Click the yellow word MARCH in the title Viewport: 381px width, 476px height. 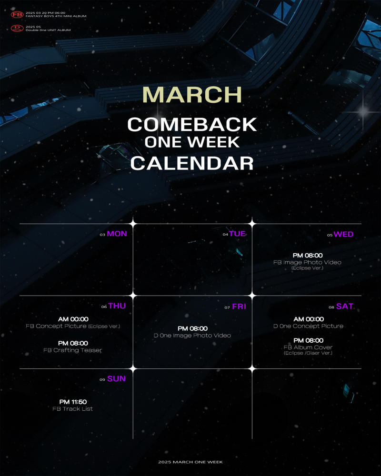pyautogui.click(x=192, y=95)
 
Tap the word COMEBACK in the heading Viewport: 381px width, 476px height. pyautogui.click(x=192, y=124)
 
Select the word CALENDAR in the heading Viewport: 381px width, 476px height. pyautogui.click(x=192, y=163)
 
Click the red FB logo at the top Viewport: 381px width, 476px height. pyautogui.click(x=17, y=14)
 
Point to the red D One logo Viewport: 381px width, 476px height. pyautogui.click(x=17, y=28)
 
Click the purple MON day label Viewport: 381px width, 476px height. pyautogui.click(x=117, y=234)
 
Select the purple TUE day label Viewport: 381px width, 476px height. pyautogui.click(x=237, y=234)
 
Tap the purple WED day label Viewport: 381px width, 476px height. pyautogui.click(x=344, y=234)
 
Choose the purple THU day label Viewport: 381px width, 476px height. pyautogui.click(x=117, y=306)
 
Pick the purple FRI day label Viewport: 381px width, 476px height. pyautogui.click(x=239, y=307)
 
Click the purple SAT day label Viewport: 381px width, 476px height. pyautogui.click(x=345, y=306)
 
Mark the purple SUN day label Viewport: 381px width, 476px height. pyautogui.click(x=116, y=378)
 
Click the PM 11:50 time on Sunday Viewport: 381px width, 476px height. pyautogui.click(x=73, y=402)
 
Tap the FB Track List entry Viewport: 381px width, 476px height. pyautogui.click(x=72, y=409)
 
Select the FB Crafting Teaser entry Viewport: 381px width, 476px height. pyautogui.click(x=72, y=350)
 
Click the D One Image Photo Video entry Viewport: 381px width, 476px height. pyautogui.click(x=192, y=336)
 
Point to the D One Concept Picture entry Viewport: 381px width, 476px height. pyautogui.click(x=309, y=326)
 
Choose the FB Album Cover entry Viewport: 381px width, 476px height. pyautogui.click(x=308, y=347)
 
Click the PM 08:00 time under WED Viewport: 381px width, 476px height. pyautogui.click(x=308, y=256)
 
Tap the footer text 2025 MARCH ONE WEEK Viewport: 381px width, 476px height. pyautogui.click(x=190, y=462)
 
